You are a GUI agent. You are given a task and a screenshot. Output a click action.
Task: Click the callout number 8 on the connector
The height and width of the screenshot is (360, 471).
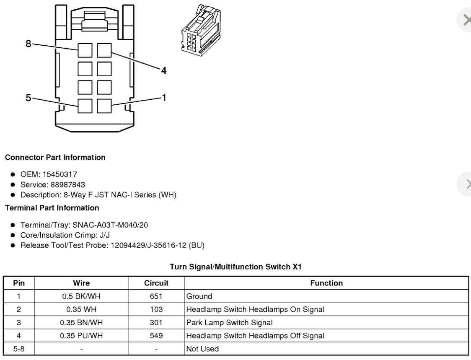28,44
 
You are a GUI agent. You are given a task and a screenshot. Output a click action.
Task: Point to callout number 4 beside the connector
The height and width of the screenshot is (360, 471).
164,71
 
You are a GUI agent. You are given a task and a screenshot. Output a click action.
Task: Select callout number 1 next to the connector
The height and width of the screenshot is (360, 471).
164,98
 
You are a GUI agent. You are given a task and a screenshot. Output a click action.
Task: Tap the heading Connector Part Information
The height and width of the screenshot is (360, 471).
55,158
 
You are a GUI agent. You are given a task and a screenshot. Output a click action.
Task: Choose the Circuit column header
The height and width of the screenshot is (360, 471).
156,283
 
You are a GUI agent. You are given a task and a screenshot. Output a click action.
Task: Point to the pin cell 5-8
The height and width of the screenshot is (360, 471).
18,349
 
